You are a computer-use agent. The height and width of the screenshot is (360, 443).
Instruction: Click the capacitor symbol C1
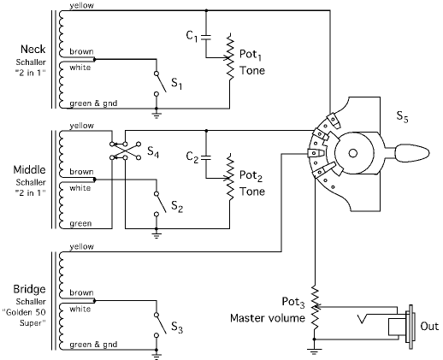click(x=206, y=37)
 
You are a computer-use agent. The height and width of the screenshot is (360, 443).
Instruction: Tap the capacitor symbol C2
click(x=206, y=157)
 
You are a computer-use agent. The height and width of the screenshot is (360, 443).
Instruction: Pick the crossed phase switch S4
click(x=126, y=150)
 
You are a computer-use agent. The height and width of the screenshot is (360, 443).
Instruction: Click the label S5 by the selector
click(x=402, y=116)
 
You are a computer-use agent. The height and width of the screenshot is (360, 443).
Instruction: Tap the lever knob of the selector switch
click(x=412, y=153)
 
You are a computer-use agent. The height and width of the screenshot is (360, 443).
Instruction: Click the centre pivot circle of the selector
click(x=353, y=153)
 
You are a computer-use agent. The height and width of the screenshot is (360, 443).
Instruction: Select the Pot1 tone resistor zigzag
click(x=230, y=57)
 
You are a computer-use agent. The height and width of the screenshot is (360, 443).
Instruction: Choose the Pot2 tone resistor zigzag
click(x=230, y=177)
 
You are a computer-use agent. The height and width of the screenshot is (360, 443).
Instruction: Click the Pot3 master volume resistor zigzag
click(x=315, y=307)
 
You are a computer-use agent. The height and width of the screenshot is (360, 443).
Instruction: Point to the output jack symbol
click(x=399, y=327)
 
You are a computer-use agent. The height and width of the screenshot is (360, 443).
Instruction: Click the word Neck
click(x=32, y=49)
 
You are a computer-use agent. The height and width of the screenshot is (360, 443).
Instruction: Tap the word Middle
click(x=29, y=169)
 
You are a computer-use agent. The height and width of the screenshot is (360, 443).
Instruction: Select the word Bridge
click(x=29, y=290)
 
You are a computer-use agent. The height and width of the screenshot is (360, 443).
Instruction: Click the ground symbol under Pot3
click(x=314, y=351)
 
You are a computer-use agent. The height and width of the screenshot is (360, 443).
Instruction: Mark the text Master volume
click(x=268, y=318)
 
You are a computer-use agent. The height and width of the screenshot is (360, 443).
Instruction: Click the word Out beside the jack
click(x=429, y=326)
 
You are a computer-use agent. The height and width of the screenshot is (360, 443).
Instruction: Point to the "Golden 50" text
click(x=24, y=312)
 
